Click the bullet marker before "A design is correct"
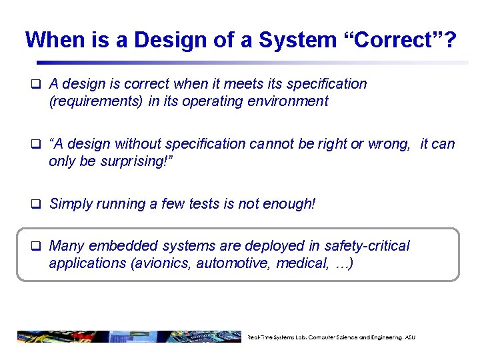[x=37, y=84]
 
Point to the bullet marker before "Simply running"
[x=37, y=204]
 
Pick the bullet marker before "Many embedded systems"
[x=37, y=246]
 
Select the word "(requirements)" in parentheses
[x=94, y=101]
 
